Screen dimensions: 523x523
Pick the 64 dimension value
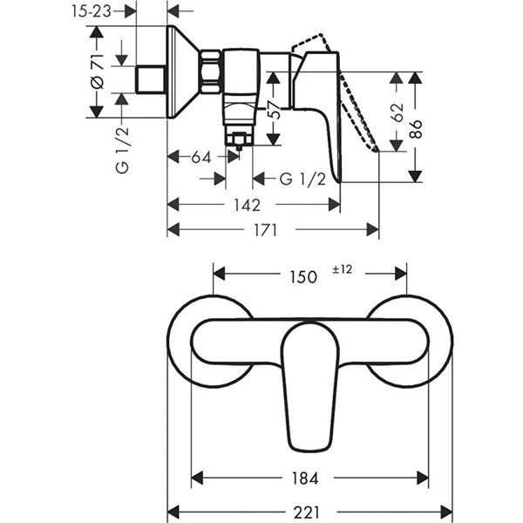[201, 158]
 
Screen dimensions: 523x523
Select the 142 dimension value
[247, 205]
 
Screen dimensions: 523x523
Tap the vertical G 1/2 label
[122, 149]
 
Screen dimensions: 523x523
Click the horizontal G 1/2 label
[302, 179]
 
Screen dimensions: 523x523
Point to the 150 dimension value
[302, 276]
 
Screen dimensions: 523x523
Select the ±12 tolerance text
[341, 270]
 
